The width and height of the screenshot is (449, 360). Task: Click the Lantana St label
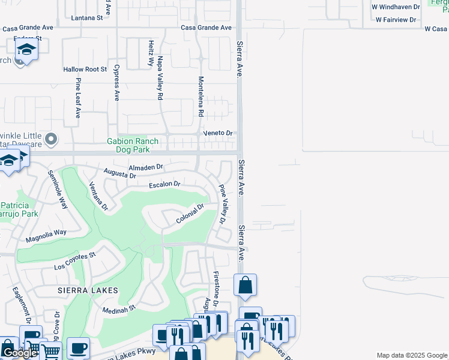click(86, 19)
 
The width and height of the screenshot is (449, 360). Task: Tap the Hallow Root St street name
click(85, 70)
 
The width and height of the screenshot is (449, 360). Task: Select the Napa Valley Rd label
click(160, 78)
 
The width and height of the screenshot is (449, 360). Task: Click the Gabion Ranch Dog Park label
click(133, 146)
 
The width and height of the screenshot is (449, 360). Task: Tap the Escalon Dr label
click(164, 184)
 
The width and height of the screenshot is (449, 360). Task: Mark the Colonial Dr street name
click(191, 214)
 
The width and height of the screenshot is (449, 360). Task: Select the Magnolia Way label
click(46, 236)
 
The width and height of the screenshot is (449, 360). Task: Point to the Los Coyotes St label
click(75, 262)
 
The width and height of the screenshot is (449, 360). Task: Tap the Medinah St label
click(119, 310)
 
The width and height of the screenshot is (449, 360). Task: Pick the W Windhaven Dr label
click(394, 7)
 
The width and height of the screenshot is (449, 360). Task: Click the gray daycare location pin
click(51, 139)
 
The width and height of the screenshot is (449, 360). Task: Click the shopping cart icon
click(50, 352)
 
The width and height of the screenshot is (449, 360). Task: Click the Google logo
click(19, 353)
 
